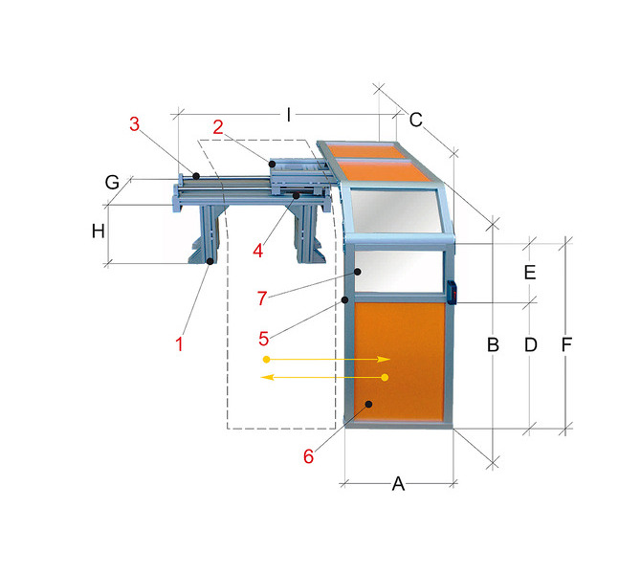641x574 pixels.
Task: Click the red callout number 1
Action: coord(179,343)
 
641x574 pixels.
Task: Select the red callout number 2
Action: coord(218,127)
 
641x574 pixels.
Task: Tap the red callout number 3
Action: coord(135,123)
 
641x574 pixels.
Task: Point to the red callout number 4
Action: coord(258,251)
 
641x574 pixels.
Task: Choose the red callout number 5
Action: coord(264,339)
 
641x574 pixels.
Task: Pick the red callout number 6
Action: coord(309,456)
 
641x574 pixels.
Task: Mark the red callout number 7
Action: coord(262,298)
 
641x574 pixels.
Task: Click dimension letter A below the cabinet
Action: coord(398,484)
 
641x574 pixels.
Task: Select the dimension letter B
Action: coord(493,345)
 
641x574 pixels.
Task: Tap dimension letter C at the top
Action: coord(416,120)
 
